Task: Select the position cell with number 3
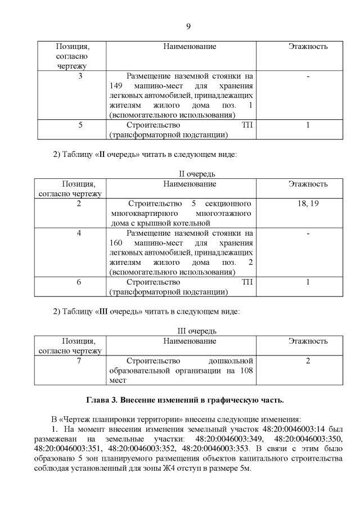80,76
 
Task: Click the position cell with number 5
80,125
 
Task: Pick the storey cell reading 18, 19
308,203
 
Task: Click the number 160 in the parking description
116,242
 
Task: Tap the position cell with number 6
79,282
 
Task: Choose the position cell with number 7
79,360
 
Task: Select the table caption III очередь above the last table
194,331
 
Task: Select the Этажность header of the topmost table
308,47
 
